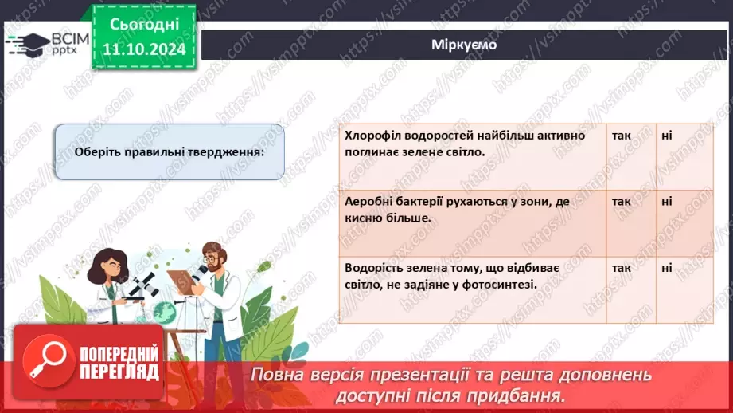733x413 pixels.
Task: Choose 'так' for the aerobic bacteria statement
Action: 622,202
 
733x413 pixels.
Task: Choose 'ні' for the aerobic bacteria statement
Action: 666,202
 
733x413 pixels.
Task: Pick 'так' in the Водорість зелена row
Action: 622,268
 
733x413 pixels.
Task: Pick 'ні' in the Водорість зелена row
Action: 666,268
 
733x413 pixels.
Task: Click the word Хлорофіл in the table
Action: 372,136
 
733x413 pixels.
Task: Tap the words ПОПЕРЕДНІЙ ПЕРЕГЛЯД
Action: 119,363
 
